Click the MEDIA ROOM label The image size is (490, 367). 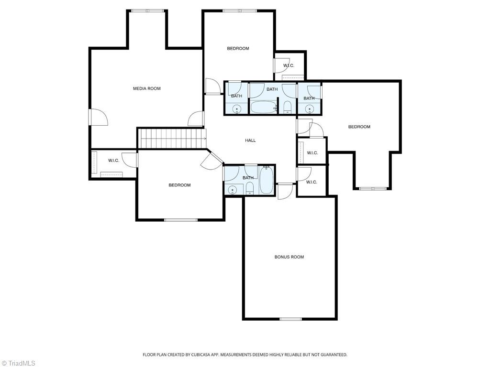(147, 88)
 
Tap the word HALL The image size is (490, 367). (250, 140)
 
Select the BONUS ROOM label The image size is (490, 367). (289, 257)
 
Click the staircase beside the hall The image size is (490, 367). (172, 139)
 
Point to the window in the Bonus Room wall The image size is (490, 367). (290, 319)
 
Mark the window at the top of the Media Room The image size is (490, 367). (147, 11)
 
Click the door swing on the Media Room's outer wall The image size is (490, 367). (99, 117)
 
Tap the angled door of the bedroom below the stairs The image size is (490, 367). (212, 161)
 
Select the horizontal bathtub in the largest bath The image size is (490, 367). (264, 107)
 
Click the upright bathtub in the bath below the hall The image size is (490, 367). (267, 180)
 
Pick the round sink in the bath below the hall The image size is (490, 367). (233, 190)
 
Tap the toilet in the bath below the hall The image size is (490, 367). (250, 189)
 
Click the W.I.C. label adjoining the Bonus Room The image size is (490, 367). (312, 182)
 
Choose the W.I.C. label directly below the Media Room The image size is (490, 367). (114, 161)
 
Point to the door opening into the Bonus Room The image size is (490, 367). (285, 191)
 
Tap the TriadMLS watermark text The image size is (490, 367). (19, 363)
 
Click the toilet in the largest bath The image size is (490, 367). (287, 107)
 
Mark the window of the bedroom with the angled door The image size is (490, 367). (181, 220)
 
